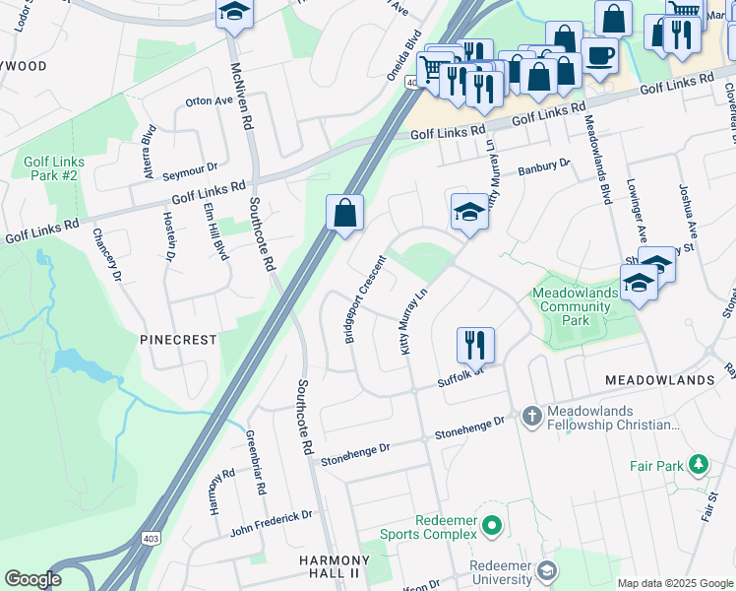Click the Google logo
[32, 579]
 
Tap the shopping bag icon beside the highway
[345, 214]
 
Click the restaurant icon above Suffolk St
[474, 345]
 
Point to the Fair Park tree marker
[699, 463]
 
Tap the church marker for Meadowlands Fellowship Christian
[531, 417]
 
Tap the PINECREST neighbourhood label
[178, 339]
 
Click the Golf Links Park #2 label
[54, 168]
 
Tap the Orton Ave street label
[209, 100]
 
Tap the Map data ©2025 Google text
[675, 583]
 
